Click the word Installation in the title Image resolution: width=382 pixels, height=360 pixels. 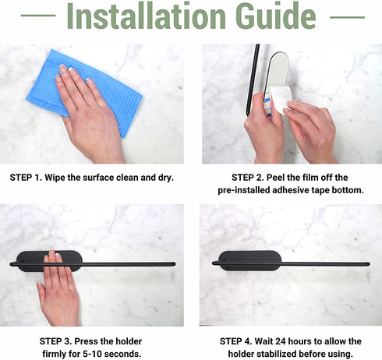point(146,16)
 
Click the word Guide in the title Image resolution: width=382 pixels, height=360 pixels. point(276,16)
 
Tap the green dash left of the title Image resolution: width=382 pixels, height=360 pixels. point(38,16)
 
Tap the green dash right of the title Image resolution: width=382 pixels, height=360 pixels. point(347,17)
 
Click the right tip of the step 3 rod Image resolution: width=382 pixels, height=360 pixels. point(175,264)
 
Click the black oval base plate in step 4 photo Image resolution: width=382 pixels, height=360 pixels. point(250,260)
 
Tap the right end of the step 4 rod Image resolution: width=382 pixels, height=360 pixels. point(370,264)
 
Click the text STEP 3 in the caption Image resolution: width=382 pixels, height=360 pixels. point(55,341)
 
